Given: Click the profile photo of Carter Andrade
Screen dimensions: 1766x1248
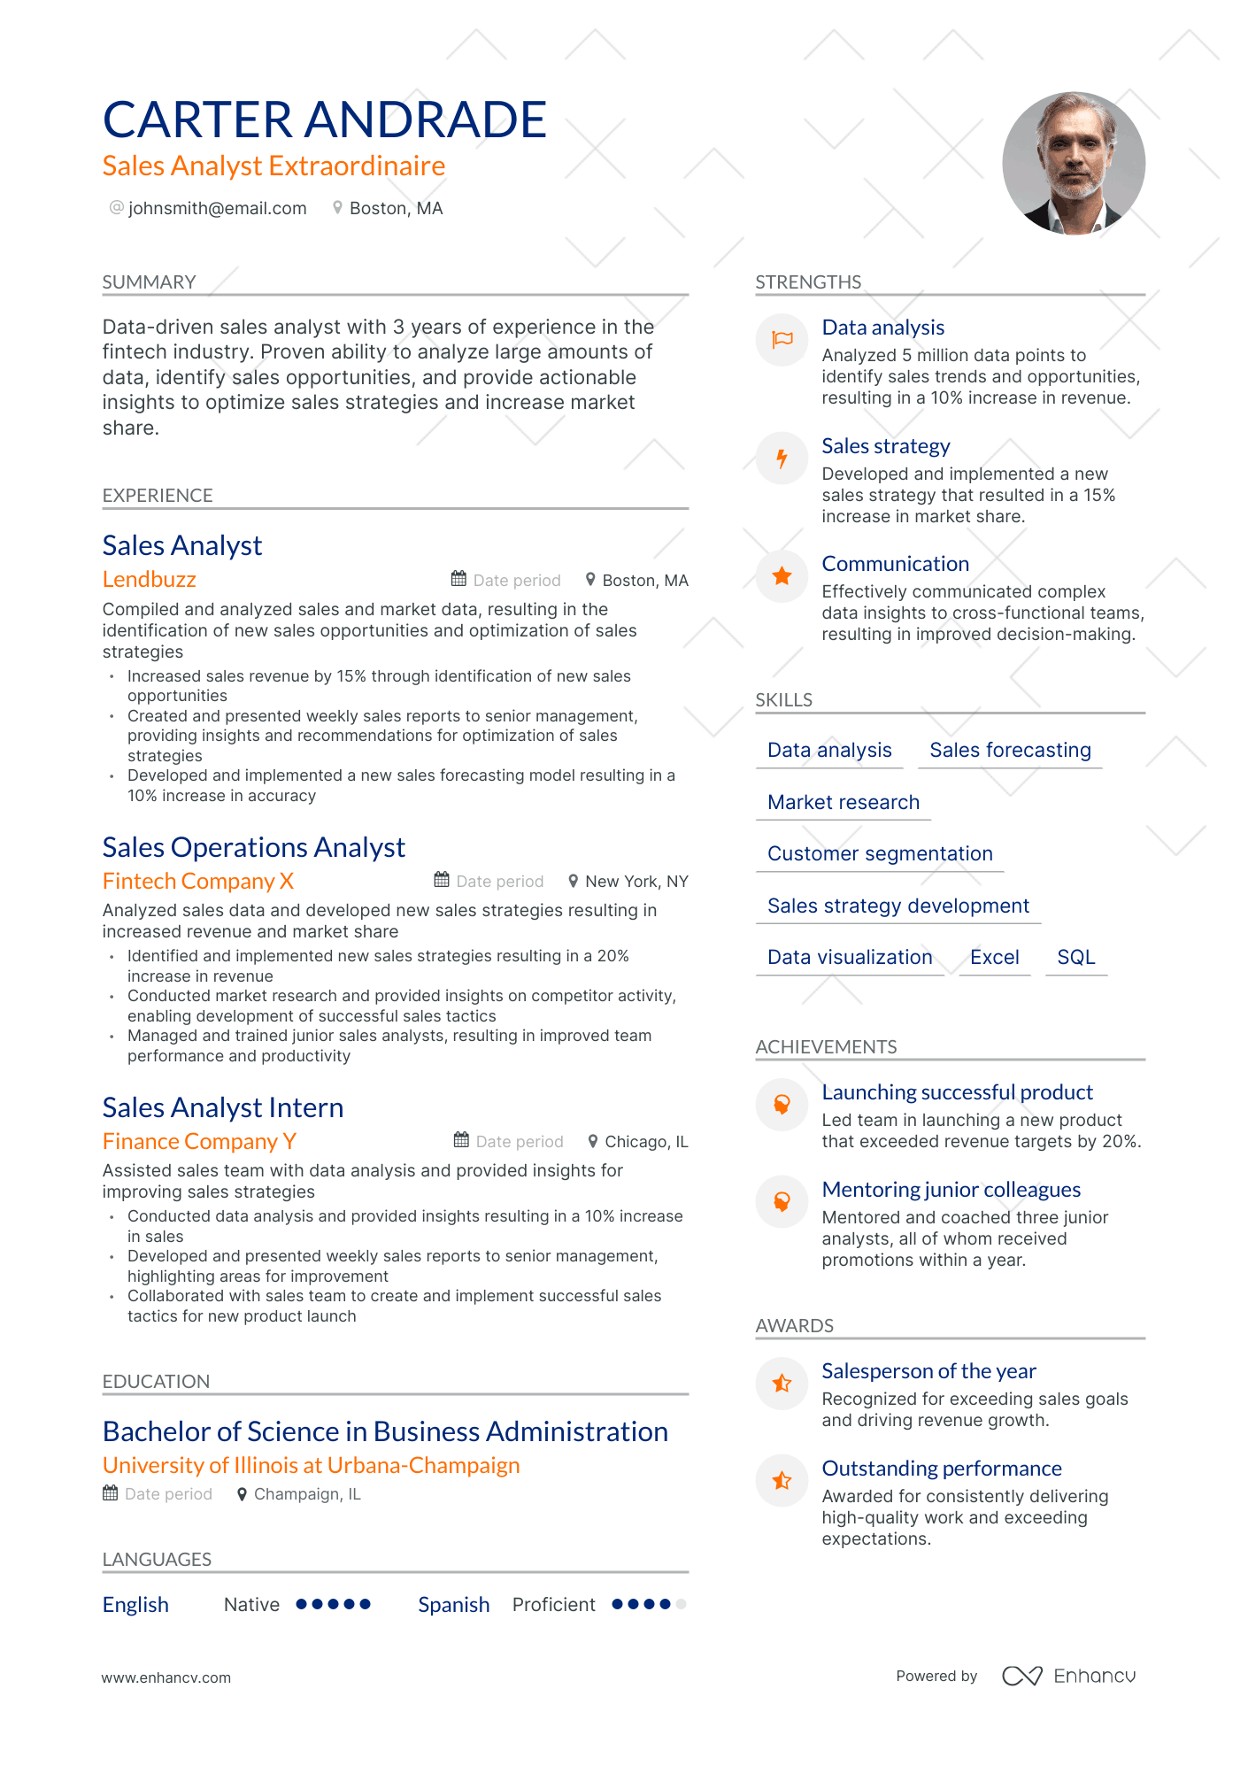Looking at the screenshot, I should coord(1073,163).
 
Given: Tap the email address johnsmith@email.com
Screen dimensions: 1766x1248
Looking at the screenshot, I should coord(217,208).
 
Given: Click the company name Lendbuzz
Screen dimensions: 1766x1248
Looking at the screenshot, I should coord(149,579).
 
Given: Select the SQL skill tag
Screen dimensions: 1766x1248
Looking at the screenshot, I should coord(1075,957).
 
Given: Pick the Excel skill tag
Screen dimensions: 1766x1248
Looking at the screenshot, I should coord(994,957).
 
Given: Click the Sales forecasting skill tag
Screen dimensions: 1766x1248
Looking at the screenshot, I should coord(1009,750).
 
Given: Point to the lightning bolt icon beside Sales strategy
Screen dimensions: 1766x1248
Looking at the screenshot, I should coord(782,459).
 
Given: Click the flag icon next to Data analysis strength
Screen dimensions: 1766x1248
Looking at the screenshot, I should coord(782,340).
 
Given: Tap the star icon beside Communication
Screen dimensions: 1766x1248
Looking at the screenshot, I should coord(782,576).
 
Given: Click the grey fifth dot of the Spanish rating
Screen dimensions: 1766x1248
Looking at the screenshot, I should coord(681,1604).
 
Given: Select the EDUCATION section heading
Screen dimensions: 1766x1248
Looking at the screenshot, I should coord(156,1381).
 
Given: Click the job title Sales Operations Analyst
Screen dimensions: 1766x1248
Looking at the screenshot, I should coord(253,847).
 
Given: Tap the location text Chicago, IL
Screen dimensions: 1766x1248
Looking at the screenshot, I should coord(645,1142).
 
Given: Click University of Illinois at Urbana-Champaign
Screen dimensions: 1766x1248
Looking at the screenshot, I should coord(311,1465).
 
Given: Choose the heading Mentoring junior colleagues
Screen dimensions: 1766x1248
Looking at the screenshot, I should coord(951,1189).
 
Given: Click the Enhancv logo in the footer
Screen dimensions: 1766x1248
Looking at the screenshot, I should coord(1068,1676).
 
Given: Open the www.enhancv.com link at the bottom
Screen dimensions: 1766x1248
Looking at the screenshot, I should coord(166,1677).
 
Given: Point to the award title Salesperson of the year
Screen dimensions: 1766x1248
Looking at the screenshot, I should coord(928,1370).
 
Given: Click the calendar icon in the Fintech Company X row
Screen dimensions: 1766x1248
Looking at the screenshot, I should coord(442,880).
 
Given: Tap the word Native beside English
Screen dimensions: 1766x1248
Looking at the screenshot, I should coord(251,1604).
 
